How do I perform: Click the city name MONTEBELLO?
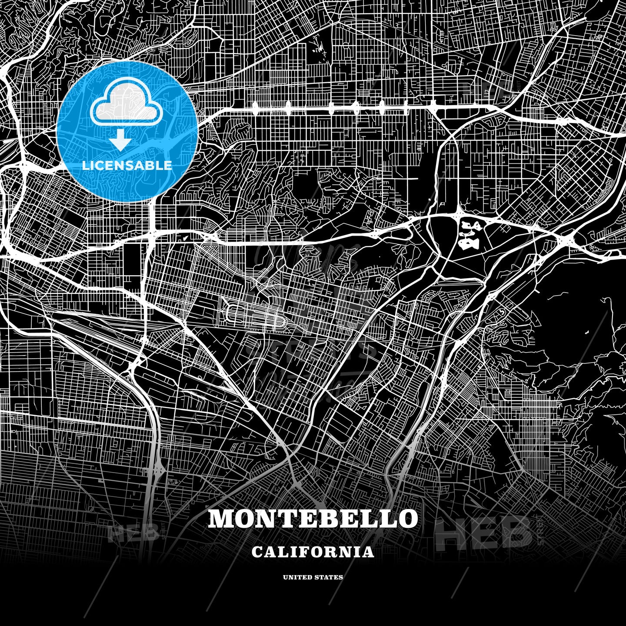313,519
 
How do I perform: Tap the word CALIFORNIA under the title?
313,552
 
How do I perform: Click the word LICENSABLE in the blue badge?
127,165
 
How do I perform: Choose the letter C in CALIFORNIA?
257,552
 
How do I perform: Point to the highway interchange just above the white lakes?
459,213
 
